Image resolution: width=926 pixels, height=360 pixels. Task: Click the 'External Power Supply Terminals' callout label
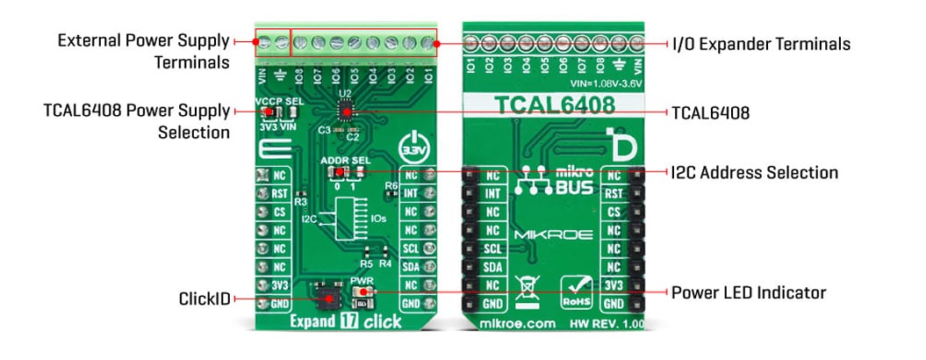pyautogui.click(x=144, y=52)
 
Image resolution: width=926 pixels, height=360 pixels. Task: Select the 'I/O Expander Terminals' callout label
pyautogui.click(x=760, y=43)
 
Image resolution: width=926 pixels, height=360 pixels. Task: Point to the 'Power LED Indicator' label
pyautogui.click(x=749, y=292)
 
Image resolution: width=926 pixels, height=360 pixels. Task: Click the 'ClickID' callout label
pyautogui.click(x=203, y=299)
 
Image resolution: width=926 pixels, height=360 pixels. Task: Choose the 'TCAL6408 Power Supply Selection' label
pyautogui.click(x=136, y=122)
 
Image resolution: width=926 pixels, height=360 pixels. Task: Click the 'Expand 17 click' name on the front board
pyautogui.click(x=347, y=321)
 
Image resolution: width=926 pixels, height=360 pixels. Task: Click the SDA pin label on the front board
pyautogui.click(x=410, y=267)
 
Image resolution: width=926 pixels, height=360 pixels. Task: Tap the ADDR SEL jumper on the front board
pyautogui.click(x=345, y=170)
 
